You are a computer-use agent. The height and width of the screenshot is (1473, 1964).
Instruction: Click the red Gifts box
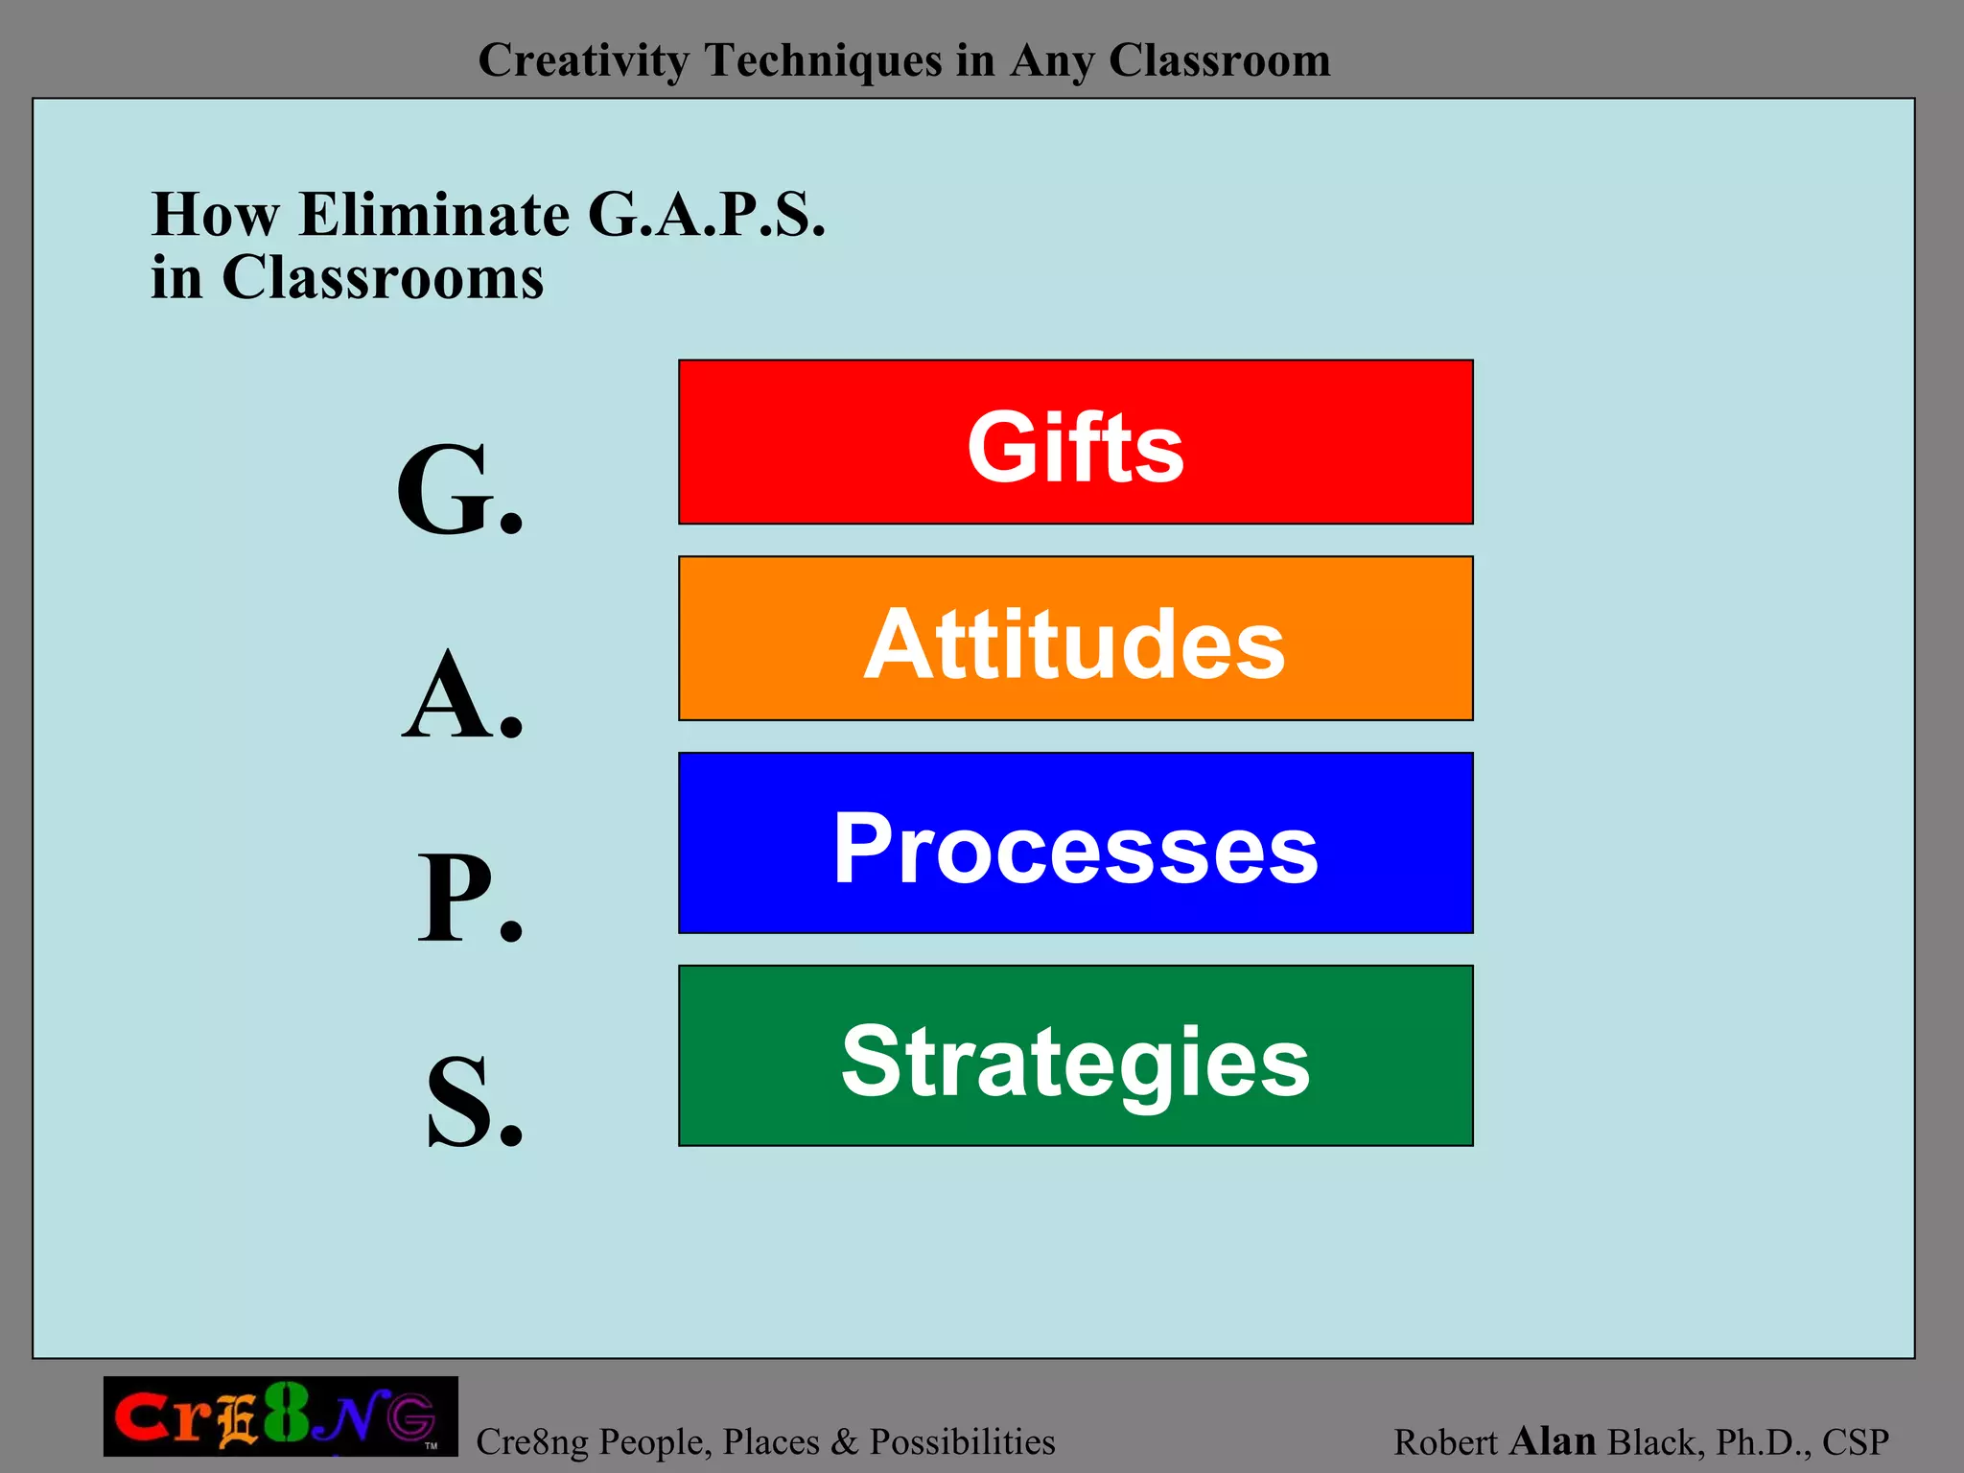pyautogui.click(x=1075, y=442)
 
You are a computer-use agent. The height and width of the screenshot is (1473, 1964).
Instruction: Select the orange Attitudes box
pyautogui.click(x=1075, y=639)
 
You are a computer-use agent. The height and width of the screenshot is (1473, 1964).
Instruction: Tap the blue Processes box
pyautogui.click(x=1075, y=843)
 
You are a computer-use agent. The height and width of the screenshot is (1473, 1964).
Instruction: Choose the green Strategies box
pyautogui.click(x=1075, y=1055)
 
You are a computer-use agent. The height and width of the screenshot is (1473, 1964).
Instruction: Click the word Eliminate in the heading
pyautogui.click(x=433, y=214)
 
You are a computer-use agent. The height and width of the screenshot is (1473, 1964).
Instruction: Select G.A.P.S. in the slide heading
pyautogui.click(x=706, y=214)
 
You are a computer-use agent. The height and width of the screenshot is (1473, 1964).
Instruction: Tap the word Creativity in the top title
pyautogui.click(x=583, y=60)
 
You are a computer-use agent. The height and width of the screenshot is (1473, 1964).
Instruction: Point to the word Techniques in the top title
pyautogui.click(x=824, y=60)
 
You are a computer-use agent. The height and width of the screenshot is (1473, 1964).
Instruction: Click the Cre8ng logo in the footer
pyautogui.click(x=280, y=1416)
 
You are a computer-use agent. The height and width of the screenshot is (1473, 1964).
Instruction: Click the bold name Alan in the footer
pyautogui.click(x=1552, y=1440)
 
